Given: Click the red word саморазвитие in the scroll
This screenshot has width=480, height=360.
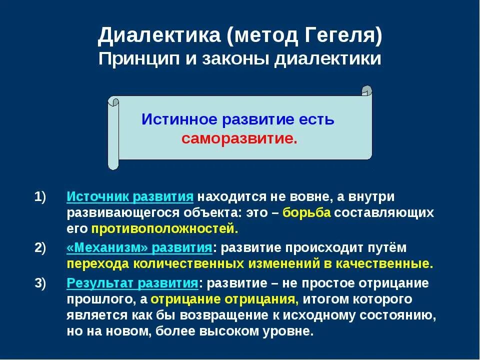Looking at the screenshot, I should point(239,138).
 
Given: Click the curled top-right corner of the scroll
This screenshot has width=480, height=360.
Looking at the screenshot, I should point(367,91).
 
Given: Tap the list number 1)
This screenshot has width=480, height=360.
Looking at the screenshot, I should point(40,197).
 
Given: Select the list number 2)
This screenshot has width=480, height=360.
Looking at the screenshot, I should point(40,247).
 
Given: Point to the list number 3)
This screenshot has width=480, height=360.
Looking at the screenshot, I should point(40,283).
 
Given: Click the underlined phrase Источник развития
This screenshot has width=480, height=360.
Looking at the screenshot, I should point(130,197).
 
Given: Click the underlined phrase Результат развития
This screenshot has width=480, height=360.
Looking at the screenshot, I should point(132,283).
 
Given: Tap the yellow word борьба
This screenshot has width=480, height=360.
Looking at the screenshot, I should point(306,213).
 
